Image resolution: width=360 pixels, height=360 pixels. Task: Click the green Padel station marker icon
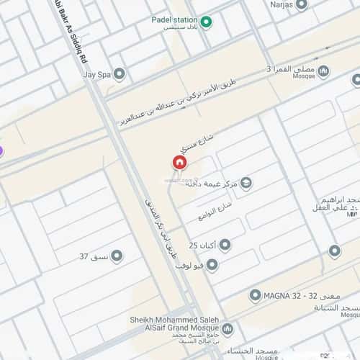click(x=207, y=22)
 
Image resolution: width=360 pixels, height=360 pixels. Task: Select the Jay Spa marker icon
click(x=119, y=73)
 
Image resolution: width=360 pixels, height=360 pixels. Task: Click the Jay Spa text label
click(x=96, y=73)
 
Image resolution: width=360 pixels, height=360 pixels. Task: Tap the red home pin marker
click(x=179, y=162)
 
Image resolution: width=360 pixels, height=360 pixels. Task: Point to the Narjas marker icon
click(x=302, y=4)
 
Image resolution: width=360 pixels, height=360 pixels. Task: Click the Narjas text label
click(x=276, y=4)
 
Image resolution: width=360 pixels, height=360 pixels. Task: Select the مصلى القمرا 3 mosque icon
click(x=324, y=71)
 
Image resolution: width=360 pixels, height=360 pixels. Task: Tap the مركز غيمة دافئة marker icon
click(x=246, y=184)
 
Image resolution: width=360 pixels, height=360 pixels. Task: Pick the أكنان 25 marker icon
click(x=225, y=246)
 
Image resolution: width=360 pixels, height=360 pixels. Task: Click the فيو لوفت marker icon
click(x=212, y=264)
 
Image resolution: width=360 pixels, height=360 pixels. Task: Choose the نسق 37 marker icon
click(x=116, y=256)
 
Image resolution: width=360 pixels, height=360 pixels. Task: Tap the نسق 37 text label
click(x=93, y=256)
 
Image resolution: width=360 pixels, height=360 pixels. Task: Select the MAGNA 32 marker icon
click(x=255, y=295)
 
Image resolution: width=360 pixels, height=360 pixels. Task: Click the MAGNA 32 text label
click(x=293, y=295)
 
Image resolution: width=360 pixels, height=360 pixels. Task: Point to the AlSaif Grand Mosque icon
click(x=228, y=330)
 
